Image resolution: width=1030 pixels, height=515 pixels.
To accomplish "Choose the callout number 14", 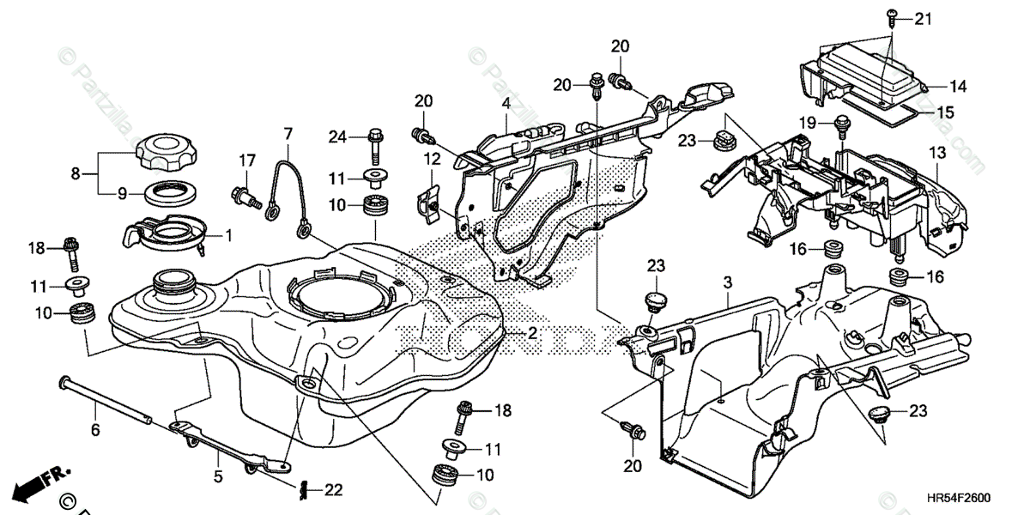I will [x=958, y=86].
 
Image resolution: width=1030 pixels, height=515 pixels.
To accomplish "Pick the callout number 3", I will [x=727, y=281].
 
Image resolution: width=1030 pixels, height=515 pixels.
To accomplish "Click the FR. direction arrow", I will [x=43, y=482].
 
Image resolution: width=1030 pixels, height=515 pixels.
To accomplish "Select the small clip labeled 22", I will [x=304, y=489].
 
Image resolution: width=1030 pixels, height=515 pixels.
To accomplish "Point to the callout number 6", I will [x=95, y=429].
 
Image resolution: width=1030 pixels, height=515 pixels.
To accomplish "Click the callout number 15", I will [x=944, y=112].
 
